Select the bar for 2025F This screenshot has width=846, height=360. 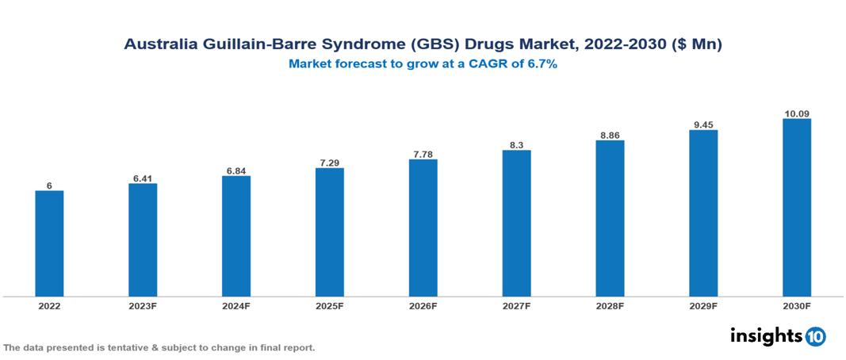(329, 232)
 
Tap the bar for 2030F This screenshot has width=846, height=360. (796, 208)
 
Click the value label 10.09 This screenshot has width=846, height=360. (796, 114)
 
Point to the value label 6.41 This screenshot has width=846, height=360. (143, 178)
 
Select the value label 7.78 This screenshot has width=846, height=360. (423, 154)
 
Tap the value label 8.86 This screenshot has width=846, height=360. (610, 136)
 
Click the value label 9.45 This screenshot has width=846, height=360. (703, 124)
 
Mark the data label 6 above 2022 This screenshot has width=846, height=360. (49, 186)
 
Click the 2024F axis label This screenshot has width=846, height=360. (235, 305)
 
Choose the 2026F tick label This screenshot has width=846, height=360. (423, 305)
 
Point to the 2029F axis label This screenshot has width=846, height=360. (703, 305)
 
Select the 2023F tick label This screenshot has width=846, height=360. (143, 305)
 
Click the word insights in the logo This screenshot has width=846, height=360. (766, 335)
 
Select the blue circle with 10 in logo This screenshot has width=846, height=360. (816, 336)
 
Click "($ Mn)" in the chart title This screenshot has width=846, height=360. (695, 45)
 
